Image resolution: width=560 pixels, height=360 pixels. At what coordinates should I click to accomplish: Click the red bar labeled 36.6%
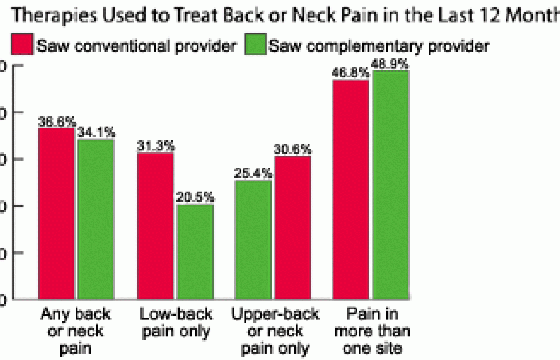(56, 214)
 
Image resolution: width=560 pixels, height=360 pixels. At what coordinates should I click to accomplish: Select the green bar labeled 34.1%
(96, 220)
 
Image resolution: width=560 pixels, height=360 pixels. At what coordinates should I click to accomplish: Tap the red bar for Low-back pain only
(155, 226)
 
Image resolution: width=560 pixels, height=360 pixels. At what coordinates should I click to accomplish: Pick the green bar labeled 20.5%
(195, 252)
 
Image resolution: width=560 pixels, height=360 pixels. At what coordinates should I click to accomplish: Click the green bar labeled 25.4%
(253, 240)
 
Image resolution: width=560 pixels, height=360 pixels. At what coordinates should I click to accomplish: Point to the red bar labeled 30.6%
(292, 228)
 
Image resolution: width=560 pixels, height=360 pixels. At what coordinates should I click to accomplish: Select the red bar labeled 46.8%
(351, 190)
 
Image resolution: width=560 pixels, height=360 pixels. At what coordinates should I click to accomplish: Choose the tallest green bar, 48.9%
(391, 185)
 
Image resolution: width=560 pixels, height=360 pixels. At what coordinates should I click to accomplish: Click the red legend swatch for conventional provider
(22, 44)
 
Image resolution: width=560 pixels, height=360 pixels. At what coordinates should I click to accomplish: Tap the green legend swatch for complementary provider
(255, 44)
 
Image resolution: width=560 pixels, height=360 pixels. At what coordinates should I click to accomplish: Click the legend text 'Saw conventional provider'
(136, 46)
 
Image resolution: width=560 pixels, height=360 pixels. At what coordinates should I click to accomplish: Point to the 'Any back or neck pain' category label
(76, 331)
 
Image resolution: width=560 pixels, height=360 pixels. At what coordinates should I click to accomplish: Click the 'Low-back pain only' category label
(176, 323)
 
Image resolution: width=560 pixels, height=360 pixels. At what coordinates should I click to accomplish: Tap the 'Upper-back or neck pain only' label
(275, 331)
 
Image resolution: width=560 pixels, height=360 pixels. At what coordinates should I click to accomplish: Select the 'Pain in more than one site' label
(372, 331)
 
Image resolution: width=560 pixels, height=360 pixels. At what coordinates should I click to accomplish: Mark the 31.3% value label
(156, 146)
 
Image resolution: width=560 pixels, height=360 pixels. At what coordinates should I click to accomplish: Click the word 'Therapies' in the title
(54, 15)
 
